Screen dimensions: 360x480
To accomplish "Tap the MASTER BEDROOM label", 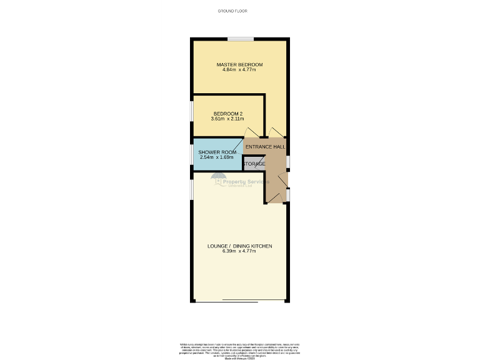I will coord(239,64).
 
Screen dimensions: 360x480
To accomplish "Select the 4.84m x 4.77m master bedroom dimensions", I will coord(239,69).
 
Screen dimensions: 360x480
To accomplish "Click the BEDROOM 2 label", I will coord(227,114).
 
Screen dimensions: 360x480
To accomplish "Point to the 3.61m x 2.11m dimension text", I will coord(227,119).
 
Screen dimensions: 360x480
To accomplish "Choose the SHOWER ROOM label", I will coord(217,152).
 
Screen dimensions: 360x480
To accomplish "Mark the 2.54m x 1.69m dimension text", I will coord(217,157).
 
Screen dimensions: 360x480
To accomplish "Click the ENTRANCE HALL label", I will coord(265,147).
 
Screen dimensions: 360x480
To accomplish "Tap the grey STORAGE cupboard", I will coord(254,164).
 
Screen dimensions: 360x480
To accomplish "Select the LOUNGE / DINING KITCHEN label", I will coord(239,246).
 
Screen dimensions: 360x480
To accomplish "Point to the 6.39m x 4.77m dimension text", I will coord(239,251).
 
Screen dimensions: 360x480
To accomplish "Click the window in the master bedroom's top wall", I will coord(240,39).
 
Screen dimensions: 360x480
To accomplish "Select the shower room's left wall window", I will coord(191,154).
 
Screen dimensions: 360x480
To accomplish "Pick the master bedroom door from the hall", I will coord(277,132).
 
